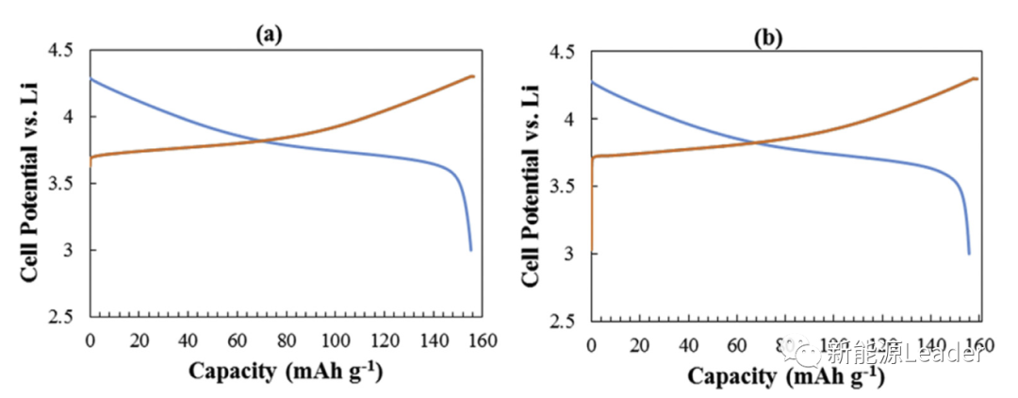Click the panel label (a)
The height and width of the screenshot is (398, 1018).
tap(269, 35)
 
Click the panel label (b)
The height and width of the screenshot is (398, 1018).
tap(768, 39)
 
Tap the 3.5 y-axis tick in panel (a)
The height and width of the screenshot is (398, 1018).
tap(69, 184)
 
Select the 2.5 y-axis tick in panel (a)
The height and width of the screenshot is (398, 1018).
tap(69, 317)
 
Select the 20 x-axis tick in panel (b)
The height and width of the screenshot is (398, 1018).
tap(640, 343)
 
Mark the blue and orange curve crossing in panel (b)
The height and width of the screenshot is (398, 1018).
tap(757, 142)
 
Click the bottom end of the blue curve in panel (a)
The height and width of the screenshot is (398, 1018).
tap(471, 250)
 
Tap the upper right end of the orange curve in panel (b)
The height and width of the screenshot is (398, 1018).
tap(975, 78)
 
